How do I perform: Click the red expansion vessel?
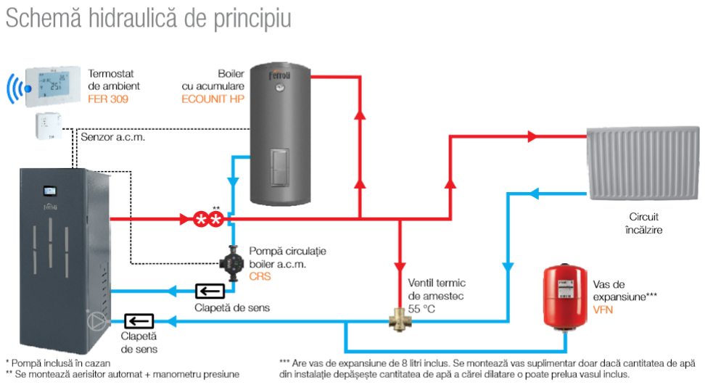click(565, 297)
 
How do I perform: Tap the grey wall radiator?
click(643, 163)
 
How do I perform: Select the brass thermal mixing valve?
click(400, 320)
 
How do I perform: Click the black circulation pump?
click(231, 263)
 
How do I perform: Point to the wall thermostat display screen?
click(54, 84)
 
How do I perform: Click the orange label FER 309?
click(108, 99)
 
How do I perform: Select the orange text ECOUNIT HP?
click(213, 99)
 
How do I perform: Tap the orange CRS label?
click(260, 276)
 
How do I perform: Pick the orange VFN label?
click(603, 310)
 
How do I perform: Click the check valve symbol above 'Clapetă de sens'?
click(210, 291)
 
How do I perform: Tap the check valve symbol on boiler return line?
click(139, 321)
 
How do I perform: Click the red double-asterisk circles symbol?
click(208, 219)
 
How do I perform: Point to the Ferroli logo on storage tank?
click(280, 75)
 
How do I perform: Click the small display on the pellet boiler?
click(49, 191)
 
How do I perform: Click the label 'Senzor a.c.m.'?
click(113, 137)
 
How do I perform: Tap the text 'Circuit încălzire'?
click(643, 223)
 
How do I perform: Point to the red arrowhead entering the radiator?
click(532, 136)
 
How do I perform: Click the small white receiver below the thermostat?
click(49, 125)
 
